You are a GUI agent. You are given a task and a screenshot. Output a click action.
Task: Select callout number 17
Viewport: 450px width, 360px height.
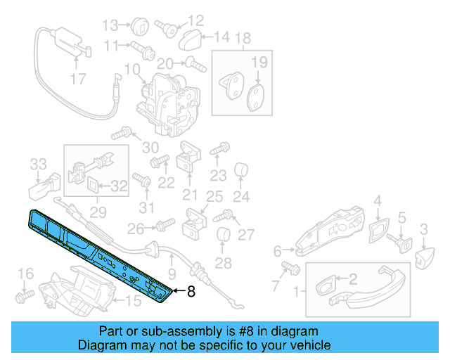pos(79,79)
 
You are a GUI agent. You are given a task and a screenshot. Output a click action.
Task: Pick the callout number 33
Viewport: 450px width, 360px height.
pos(38,165)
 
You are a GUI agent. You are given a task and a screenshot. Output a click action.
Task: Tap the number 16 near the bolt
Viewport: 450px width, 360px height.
pos(25,274)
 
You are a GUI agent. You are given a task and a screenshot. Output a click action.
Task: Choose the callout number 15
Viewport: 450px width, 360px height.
pos(133,302)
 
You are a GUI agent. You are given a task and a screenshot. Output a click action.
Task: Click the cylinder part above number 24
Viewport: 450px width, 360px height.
pos(241,170)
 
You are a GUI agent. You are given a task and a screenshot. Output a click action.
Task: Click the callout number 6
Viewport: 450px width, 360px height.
pos(277,250)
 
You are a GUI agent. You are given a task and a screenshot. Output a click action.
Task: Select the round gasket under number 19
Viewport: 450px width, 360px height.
pos(257,94)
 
